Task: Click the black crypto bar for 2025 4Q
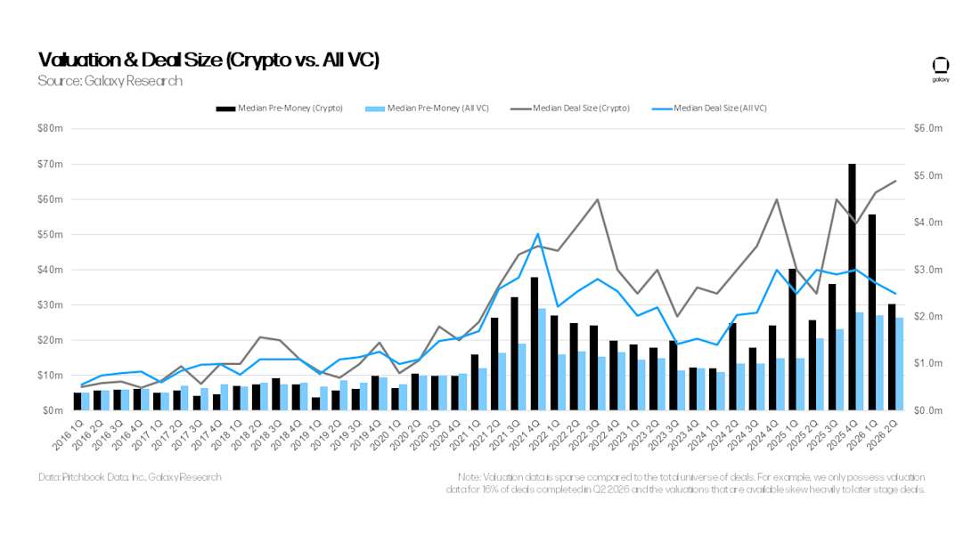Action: point(852,287)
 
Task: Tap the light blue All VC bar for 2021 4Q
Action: point(542,360)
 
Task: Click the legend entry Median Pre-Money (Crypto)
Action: point(280,108)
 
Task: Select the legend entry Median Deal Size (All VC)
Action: point(709,108)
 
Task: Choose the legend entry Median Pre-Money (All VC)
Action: point(427,108)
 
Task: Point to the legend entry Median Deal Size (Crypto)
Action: point(570,108)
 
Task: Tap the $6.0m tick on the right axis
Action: point(927,128)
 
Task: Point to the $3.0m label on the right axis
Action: point(927,269)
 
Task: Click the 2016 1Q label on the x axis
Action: point(68,434)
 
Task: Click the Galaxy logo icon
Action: point(941,69)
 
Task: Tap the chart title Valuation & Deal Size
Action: point(208,60)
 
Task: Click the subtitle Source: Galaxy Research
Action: point(110,81)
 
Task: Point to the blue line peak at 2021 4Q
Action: point(537,233)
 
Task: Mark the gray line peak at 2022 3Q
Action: point(597,199)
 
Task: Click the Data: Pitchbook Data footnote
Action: point(130,476)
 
